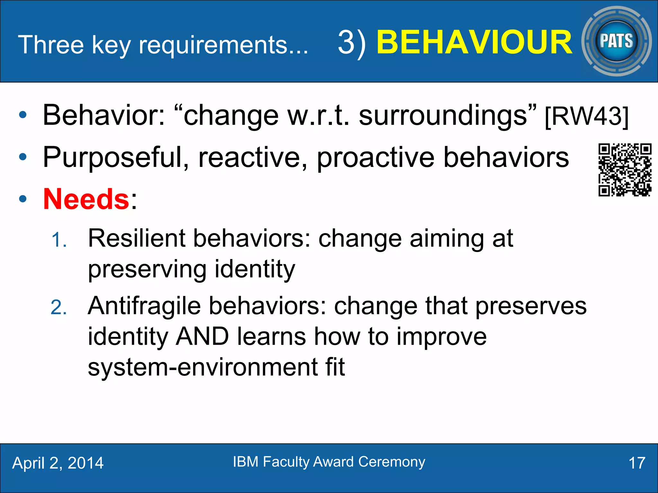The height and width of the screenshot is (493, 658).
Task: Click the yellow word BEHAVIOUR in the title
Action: [x=474, y=42]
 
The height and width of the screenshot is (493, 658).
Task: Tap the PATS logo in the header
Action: [x=616, y=41]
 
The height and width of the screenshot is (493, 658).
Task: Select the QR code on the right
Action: [x=625, y=170]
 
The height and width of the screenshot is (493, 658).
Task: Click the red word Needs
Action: [x=86, y=199]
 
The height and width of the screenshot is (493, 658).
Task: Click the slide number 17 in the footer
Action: [x=636, y=463]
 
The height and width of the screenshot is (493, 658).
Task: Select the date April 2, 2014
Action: [x=58, y=463]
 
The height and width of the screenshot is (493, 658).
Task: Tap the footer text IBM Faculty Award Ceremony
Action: [x=329, y=462]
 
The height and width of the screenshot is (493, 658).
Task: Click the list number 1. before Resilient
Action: [x=59, y=240]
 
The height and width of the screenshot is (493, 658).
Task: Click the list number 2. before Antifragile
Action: [x=59, y=308]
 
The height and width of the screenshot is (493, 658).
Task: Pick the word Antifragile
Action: [x=144, y=306]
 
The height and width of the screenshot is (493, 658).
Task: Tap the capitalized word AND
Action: [x=202, y=337]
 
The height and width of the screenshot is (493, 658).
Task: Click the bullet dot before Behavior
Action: [x=22, y=115]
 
